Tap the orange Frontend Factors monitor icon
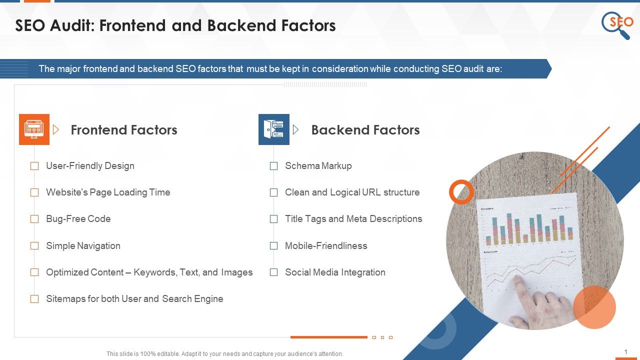[34, 129]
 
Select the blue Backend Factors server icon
[273, 129]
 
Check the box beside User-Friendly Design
[34, 166]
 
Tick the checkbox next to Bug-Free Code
[34, 219]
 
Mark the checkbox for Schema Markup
[273, 166]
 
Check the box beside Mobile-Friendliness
[273, 246]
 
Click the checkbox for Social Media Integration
[273, 272]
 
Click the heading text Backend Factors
[365, 130]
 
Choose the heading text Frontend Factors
[124, 130]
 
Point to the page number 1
[626, 352]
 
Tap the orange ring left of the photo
[461, 192]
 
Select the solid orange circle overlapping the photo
[594, 307]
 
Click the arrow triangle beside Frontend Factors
[56, 130]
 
